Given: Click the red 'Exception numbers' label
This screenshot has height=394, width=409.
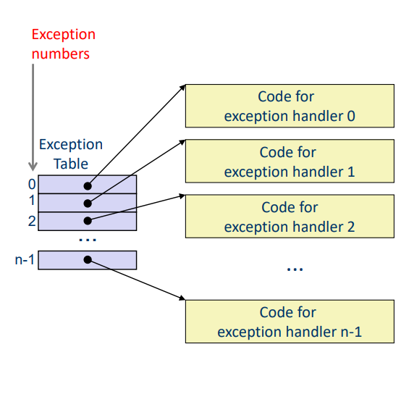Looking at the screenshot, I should [x=63, y=43].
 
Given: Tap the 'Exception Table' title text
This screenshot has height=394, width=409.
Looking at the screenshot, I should [x=70, y=154].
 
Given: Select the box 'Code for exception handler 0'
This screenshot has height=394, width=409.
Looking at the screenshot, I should [x=290, y=106].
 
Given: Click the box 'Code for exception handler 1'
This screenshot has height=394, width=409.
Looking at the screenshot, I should [x=290, y=162].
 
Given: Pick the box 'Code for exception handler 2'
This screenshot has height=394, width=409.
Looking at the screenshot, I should [x=290, y=217].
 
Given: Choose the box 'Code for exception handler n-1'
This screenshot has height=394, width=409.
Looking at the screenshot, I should [x=290, y=322].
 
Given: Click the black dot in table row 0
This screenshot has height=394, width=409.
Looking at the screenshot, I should [x=88, y=185].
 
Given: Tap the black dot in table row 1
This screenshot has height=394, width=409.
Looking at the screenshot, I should [x=88, y=203].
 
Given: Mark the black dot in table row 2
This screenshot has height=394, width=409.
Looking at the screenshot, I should [x=88, y=220].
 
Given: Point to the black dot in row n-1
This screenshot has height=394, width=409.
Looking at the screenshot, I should [x=88, y=259].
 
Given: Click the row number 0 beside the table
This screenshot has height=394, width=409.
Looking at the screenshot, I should [x=32, y=185].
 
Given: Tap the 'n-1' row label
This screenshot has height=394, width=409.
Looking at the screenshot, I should [x=25, y=259].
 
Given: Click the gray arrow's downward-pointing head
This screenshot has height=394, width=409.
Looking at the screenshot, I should [x=33, y=166].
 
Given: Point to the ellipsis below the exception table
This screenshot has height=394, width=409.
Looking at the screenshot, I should [x=87, y=239].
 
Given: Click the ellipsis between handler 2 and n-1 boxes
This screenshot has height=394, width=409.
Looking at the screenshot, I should [x=294, y=269].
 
